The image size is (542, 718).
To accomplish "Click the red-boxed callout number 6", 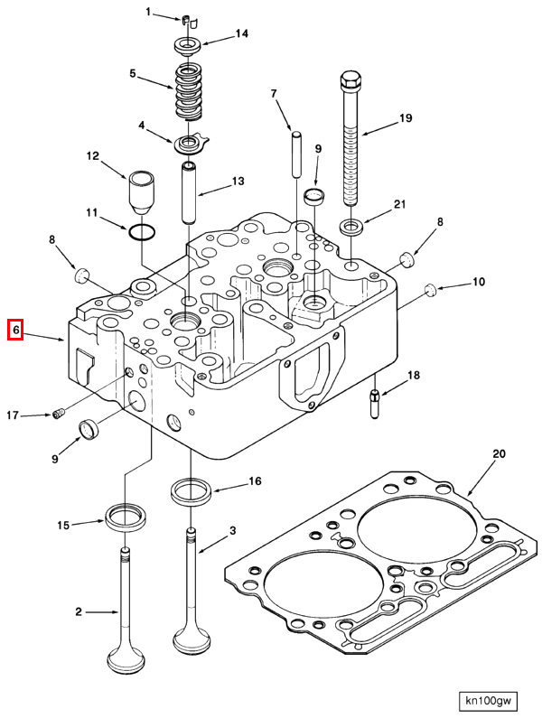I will pos(15,331).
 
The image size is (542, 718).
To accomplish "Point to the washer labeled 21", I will pos(351,223).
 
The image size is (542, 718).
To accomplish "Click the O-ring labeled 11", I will pos(140,234).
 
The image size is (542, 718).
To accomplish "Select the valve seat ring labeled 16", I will pos(191,493).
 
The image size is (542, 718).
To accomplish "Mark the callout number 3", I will pos(232,530).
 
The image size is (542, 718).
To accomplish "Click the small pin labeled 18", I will pos(373,398).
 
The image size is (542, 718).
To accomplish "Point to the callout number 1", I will pos(149,13).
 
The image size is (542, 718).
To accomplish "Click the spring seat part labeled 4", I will pos(191,141).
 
